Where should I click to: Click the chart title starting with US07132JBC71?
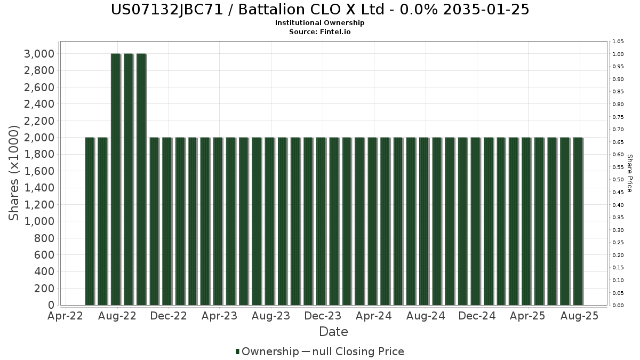point(320,10)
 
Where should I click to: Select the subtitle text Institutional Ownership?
point(320,23)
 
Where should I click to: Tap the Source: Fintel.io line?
point(320,31)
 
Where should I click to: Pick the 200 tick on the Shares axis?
point(44,289)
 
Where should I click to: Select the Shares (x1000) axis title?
point(14,173)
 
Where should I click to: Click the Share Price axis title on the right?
point(629,173)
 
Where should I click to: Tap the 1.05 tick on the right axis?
point(618,42)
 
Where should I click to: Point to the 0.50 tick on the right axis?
point(618,180)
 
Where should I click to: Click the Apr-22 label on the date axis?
point(65,316)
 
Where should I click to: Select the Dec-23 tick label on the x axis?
point(323,316)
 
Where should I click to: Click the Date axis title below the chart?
point(333,332)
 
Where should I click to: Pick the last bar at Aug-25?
point(578,221)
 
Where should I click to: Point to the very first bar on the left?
point(90,221)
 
